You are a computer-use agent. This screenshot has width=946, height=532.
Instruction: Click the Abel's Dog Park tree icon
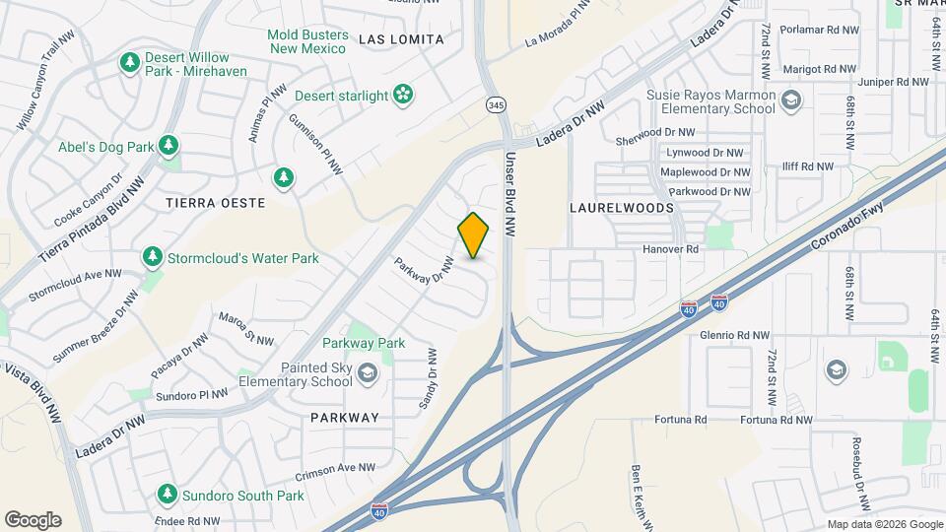pos(169,147)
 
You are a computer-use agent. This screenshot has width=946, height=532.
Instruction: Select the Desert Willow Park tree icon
pos(129,63)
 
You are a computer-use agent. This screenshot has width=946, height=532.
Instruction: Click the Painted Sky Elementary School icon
pos(368,372)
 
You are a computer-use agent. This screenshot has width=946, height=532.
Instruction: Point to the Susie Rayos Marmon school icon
pos(791,100)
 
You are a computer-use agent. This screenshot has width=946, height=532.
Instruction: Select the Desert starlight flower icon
pos(402,95)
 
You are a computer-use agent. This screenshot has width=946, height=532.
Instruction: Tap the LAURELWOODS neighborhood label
pos(622,208)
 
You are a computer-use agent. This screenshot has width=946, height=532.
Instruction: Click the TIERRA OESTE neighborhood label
pos(216,203)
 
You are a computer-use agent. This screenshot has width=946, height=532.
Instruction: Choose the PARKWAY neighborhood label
pos(344,418)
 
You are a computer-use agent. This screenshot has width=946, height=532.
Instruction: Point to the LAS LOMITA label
pos(401,39)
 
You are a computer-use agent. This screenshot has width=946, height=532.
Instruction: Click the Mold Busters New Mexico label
pos(307,41)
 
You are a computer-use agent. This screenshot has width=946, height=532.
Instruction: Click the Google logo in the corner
pos(33,519)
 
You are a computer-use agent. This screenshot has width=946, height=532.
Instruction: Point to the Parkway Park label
pos(364,343)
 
